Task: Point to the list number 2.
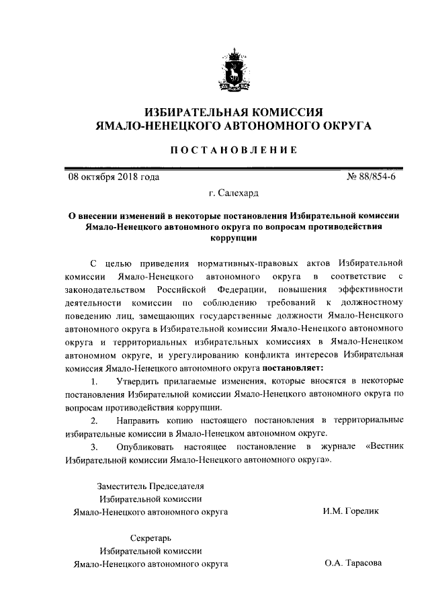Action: [94, 420]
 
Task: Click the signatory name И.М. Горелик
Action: [351, 511]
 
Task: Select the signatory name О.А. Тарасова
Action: [352, 563]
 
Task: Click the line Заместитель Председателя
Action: [150, 485]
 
